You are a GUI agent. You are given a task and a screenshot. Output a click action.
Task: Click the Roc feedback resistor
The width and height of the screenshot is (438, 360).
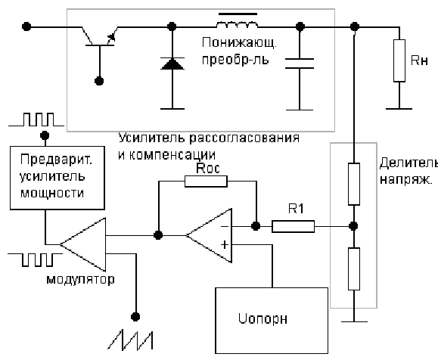coord(206,182)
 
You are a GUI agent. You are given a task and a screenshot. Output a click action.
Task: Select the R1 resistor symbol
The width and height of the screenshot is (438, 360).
coord(293,226)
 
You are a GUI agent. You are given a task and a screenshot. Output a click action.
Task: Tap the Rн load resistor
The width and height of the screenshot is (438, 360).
coord(399,61)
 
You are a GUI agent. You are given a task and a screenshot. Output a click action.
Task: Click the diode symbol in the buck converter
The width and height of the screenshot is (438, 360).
coord(172,64)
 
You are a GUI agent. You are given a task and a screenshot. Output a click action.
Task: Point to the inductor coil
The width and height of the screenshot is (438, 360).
coord(238,25)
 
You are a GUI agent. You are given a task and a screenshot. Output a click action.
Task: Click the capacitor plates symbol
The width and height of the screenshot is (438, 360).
coord(300,64)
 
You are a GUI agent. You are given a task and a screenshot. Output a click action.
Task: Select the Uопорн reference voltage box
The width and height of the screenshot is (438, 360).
coord(272,321)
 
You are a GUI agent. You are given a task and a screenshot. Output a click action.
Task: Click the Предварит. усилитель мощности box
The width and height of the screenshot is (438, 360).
coord(57,178)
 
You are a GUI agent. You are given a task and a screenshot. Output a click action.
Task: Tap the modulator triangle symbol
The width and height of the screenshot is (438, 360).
coord(83,244)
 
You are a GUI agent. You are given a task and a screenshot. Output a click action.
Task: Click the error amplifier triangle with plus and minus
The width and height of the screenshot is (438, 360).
coord(209,235)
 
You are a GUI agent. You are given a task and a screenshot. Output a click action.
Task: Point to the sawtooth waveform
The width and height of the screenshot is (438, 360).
coord(130,340)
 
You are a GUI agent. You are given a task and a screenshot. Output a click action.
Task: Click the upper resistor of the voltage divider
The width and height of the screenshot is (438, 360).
coord(353,184)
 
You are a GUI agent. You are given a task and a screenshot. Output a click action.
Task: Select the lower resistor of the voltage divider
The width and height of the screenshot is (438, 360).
coord(353,268)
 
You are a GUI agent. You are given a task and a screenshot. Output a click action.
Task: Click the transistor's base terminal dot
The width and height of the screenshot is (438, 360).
coord(99,81)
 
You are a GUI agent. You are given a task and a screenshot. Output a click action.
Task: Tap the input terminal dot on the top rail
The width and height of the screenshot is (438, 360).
coord(26,26)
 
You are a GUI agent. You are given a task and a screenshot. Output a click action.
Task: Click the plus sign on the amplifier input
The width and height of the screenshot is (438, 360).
coord(225,244)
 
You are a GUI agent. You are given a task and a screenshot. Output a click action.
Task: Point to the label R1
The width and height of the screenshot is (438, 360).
coord(296,209)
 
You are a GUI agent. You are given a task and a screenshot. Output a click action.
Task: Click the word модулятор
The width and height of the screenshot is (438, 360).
coord(80,279)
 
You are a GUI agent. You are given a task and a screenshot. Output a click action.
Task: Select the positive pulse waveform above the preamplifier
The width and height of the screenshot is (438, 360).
coord(36,119)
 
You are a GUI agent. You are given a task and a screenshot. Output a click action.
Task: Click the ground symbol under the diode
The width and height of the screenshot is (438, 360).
coord(172,109)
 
